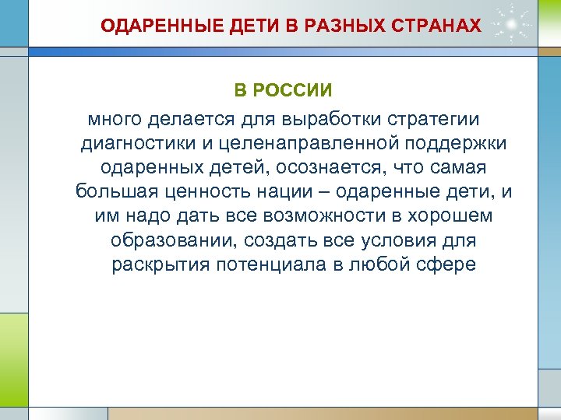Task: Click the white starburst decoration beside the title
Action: click(512, 23)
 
